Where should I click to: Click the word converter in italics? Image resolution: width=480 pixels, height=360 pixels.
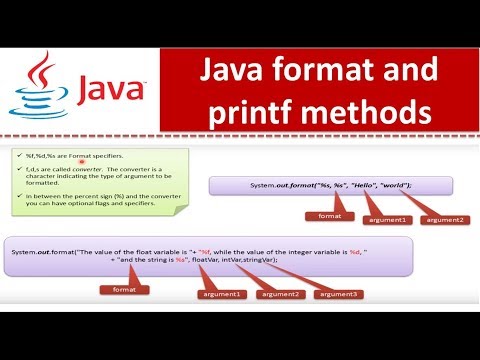pos(88,171)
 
